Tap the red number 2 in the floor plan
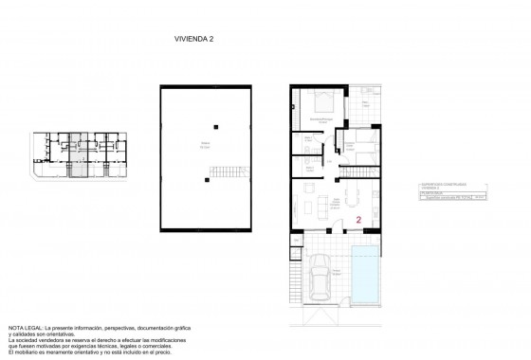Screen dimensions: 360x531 coord(359,219)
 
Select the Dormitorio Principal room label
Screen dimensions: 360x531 coord(320,119)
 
